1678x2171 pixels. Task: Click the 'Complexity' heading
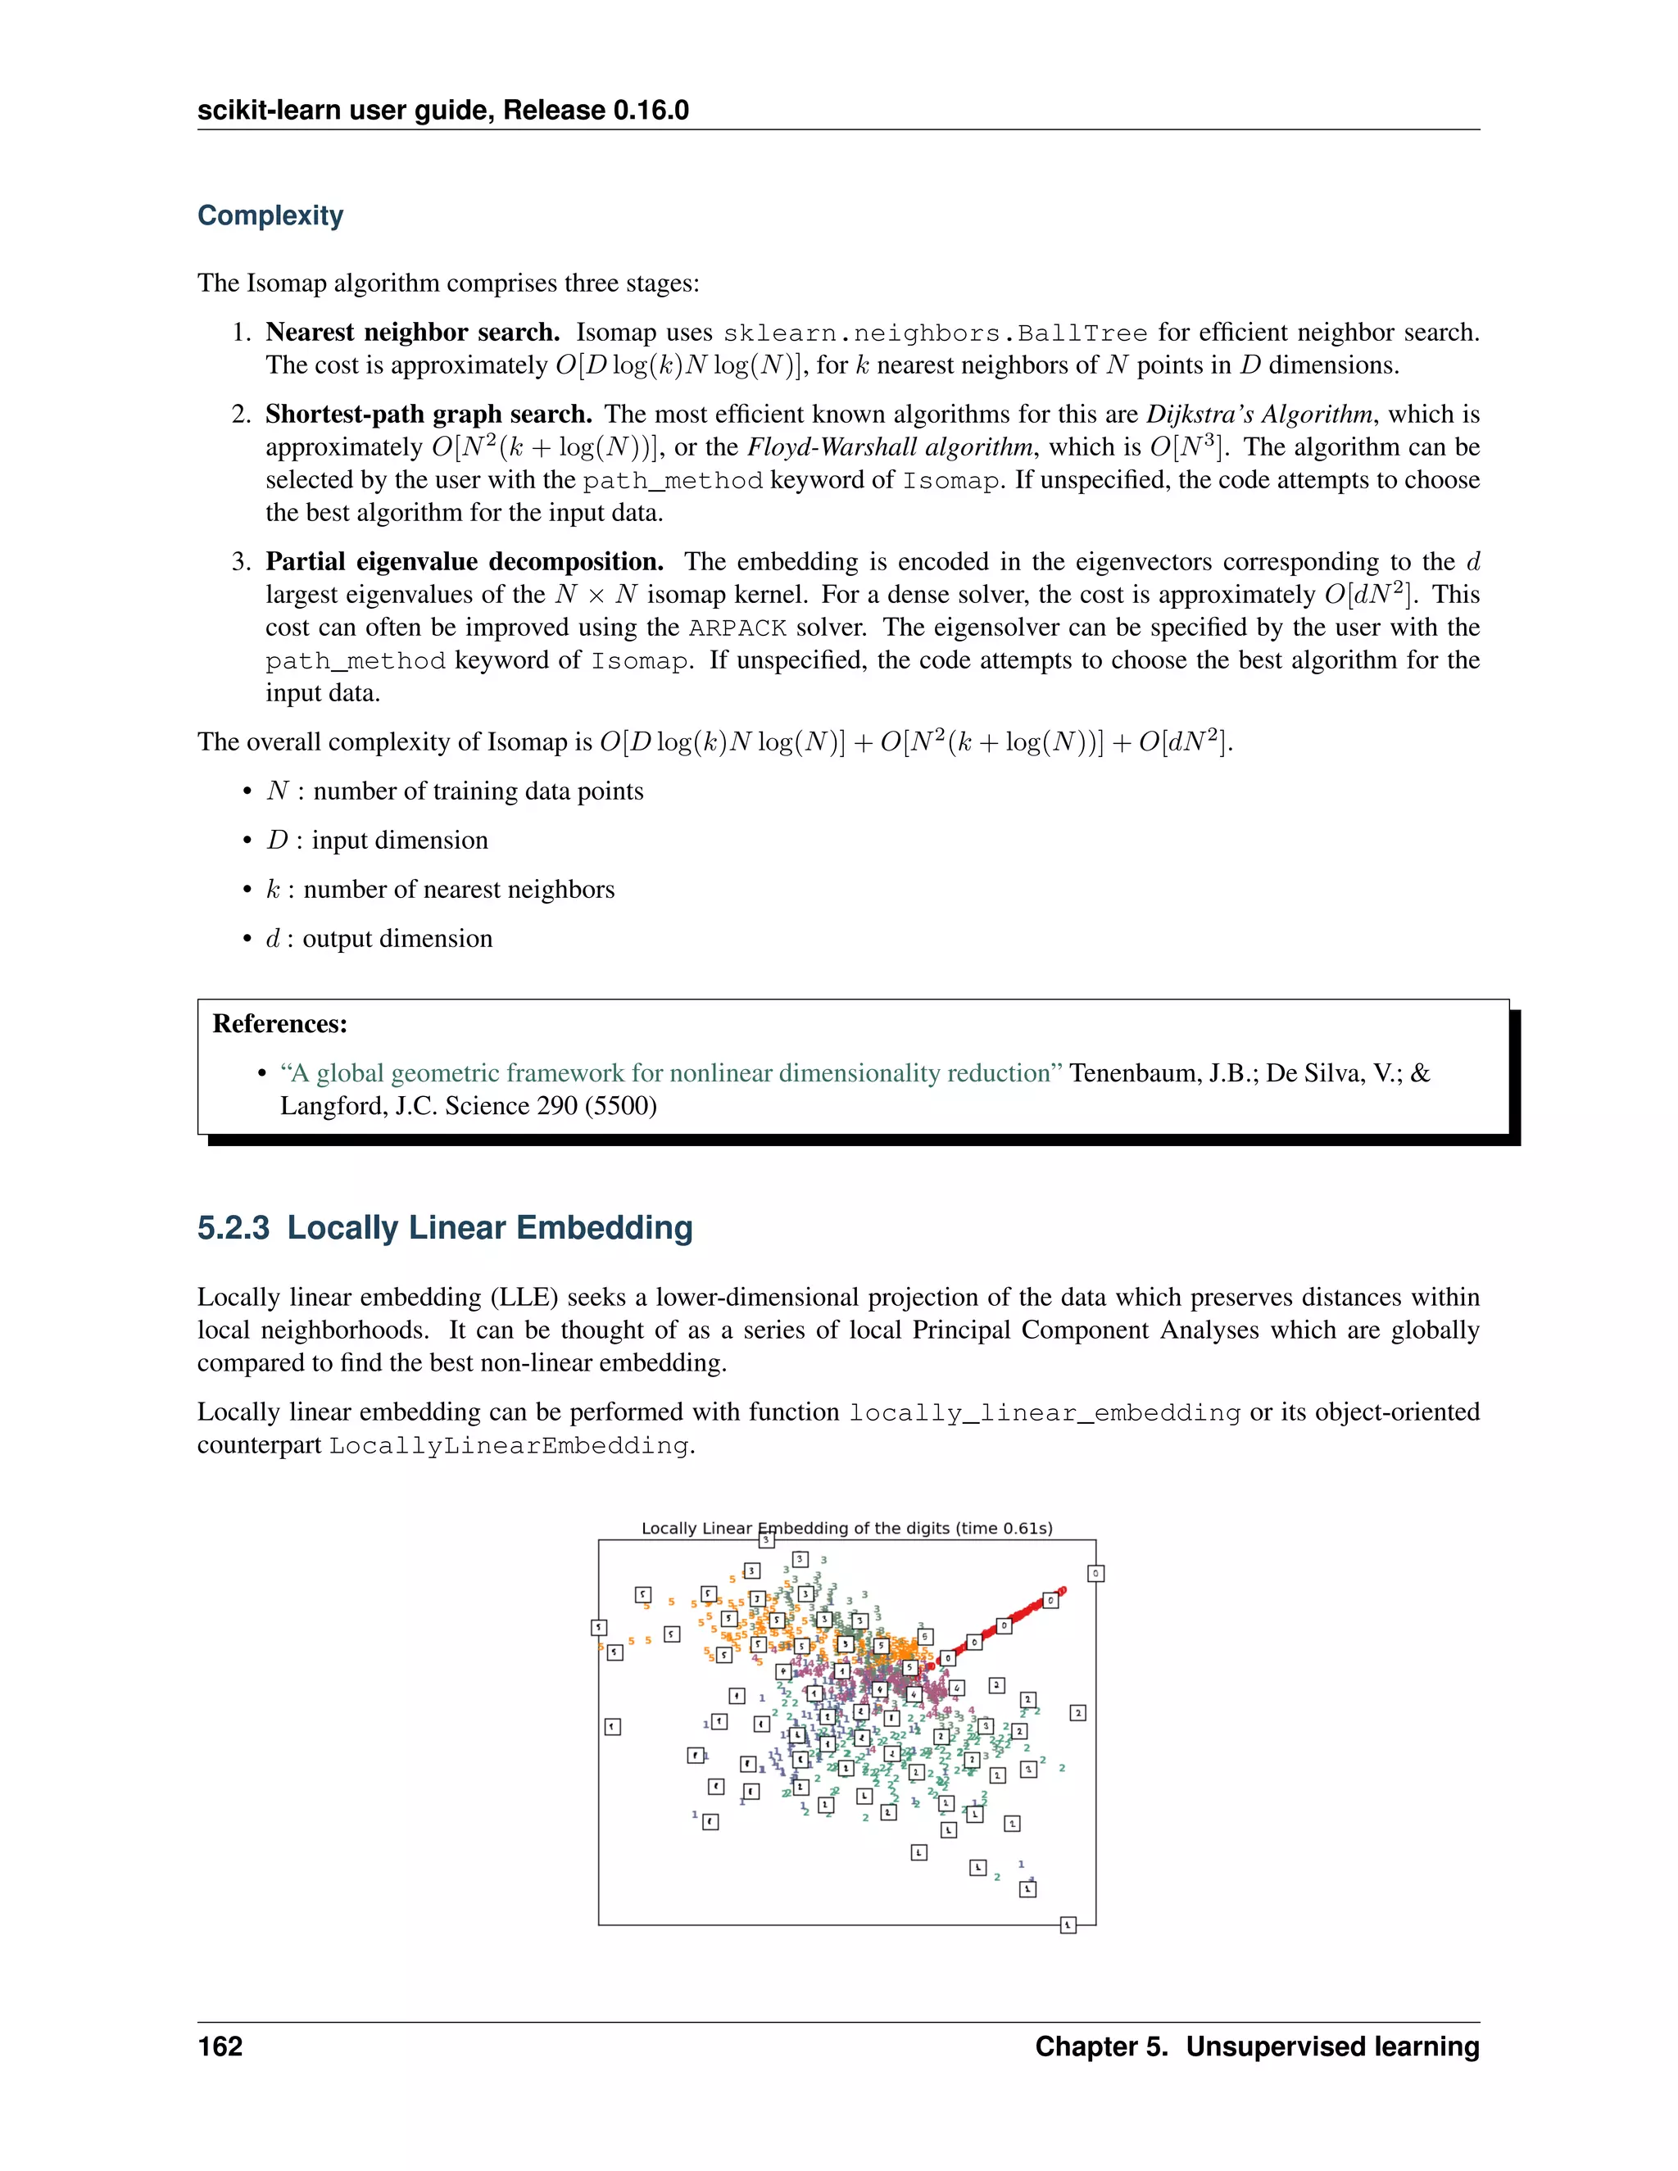[x=270, y=215]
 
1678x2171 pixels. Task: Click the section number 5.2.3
[x=233, y=1228]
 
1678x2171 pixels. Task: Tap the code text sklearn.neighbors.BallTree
[x=934, y=333]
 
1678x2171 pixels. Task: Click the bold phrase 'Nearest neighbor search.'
[x=413, y=332]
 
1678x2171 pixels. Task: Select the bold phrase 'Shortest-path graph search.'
[x=429, y=415]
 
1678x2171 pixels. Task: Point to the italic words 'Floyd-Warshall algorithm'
[x=890, y=447]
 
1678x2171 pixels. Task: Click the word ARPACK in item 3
[x=737, y=628]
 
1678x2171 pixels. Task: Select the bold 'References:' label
[x=280, y=1024]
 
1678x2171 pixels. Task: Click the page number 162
[x=220, y=2046]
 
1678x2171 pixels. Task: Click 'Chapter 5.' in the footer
[x=1101, y=2046]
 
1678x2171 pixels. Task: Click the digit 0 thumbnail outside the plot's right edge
[x=1095, y=1574]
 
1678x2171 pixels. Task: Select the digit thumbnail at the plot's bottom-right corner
[x=1068, y=1925]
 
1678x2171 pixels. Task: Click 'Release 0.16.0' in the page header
[x=596, y=111]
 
